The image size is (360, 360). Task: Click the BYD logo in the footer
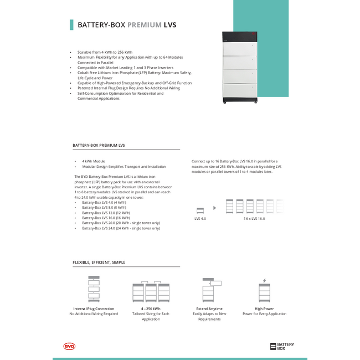click(x=69, y=346)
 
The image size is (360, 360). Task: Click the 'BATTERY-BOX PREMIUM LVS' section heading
click(x=99, y=145)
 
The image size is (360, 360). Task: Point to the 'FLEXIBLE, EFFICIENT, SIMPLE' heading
click(x=99, y=262)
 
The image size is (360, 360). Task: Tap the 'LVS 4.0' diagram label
click(x=200, y=219)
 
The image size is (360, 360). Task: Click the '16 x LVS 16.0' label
click(x=254, y=219)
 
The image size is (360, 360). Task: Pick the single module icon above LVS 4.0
click(x=200, y=209)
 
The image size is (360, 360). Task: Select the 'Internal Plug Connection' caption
click(x=94, y=308)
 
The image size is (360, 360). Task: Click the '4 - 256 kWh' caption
click(x=151, y=308)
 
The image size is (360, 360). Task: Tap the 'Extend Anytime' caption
click(x=209, y=308)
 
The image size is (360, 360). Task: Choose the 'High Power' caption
click(x=264, y=308)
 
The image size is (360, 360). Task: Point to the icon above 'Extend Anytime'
click(x=210, y=290)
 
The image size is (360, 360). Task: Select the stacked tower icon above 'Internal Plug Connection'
click(x=94, y=289)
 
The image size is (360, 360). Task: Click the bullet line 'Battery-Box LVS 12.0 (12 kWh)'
click(x=106, y=213)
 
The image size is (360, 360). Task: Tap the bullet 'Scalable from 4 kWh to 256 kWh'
click(x=105, y=52)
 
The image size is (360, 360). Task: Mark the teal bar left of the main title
click(x=71, y=25)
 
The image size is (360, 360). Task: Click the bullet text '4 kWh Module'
click(x=94, y=161)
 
